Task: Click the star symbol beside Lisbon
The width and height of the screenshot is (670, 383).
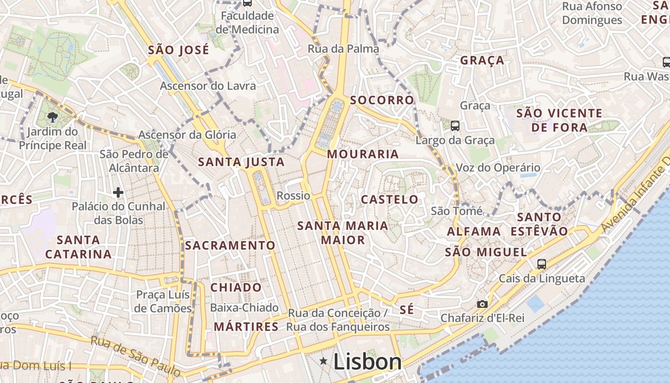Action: pyautogui.click(x=324, y=361)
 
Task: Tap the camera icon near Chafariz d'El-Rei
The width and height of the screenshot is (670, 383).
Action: pyautogui.click(x=482, y=304)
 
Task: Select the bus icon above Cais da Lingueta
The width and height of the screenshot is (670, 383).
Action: pyautogui.click(x=542, y=264)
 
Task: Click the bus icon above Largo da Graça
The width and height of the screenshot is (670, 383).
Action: pyautogui.click(x=455, y=126)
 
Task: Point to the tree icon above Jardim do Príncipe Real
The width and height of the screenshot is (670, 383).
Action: pyautogui.click(x=52, y=117)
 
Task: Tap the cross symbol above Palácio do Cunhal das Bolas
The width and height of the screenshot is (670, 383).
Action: pyautogui.click(x=118, y=192)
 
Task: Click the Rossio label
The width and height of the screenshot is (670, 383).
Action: pyautogui.click(x=293, y=196)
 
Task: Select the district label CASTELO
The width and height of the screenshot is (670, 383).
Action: pyautogui.click(x=390, y=200)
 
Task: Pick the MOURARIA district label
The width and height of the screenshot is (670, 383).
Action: pyautogui.click(x=363, y=154)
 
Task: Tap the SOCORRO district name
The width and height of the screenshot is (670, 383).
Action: pyautogui.click(x=382, y=100)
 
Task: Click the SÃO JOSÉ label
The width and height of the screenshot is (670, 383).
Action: pyautogui.click(x=179, y=50)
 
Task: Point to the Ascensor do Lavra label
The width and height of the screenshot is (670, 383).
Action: pyautogui.click(x=208, y=86)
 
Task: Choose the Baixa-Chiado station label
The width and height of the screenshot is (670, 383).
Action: pyautogui.click(x=244, y=307)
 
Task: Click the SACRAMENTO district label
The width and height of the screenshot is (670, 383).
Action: pyautogui.click(x=230, y=246)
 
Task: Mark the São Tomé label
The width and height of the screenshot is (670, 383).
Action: pyautogui.click(x=457, y=211)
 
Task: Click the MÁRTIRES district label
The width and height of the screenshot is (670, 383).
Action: pyautogui.click(x=246, y=327)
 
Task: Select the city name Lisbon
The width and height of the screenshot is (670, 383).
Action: pyautogui.click(x=368, y=362)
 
